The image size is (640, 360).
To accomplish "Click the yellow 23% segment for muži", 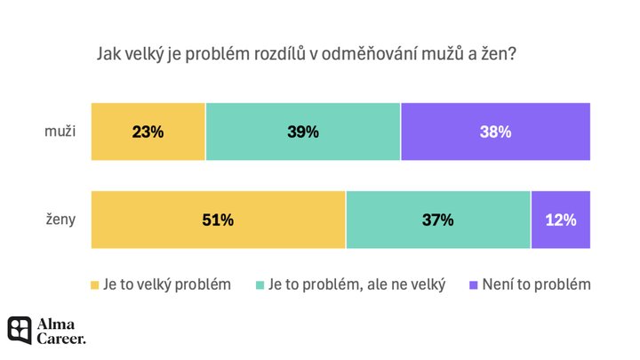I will click(x=148, y=132).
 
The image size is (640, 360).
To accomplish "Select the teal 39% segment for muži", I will click(x=303, y=132).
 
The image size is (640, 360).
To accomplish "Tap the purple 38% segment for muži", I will click(x=495, y=132).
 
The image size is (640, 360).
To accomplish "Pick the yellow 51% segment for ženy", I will click(x=218, y=220).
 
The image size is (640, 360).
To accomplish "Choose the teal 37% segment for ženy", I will click(x=438, y=220).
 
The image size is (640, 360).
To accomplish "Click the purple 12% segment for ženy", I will click(x=560, y=220).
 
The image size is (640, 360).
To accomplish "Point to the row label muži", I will click(x=60, y=132).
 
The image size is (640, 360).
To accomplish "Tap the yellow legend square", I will click(x=95, y=285).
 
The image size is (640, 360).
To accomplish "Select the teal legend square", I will click(x=261, y=285).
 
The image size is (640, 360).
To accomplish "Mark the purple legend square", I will click(x=473, y=285).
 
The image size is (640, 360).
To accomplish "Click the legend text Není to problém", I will click(x=537, y=284).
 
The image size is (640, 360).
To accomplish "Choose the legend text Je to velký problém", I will click(x=167, y=284).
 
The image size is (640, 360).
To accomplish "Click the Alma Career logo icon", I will click(x=20, y=330).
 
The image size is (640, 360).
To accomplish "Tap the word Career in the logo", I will click(x=61, y=338).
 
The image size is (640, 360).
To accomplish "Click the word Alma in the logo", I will click(x=55, y=323).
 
